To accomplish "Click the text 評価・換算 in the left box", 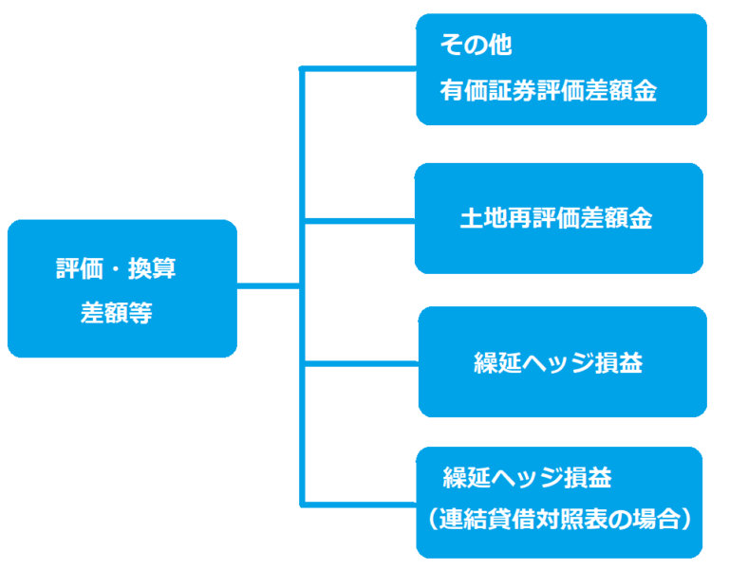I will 116,268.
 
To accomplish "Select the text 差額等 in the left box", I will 116,313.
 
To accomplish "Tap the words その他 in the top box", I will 476,44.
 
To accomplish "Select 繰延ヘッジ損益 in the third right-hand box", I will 558,362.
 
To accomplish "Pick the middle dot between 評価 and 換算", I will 116,268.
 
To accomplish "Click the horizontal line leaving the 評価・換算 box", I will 268,284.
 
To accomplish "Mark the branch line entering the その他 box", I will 359,68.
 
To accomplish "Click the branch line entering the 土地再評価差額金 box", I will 359,220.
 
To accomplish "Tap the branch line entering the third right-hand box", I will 359,362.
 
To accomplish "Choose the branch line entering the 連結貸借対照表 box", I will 359,502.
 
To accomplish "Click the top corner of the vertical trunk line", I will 302,69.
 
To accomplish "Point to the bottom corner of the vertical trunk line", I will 302,502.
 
